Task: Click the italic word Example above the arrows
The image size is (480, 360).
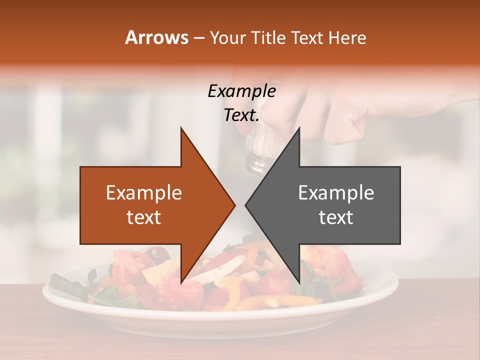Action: coord(241,91)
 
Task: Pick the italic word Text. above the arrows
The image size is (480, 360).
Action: coord(241,115)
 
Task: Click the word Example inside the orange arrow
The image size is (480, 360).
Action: coord(143,193)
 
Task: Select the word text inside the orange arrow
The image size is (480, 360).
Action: coord(143,217)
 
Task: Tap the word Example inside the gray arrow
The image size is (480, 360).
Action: coord(336,193)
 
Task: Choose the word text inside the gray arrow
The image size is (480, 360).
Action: coord(336,217)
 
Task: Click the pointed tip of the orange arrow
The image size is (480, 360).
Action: coord(234,205)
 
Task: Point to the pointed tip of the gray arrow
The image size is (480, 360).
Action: coord(246,205)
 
